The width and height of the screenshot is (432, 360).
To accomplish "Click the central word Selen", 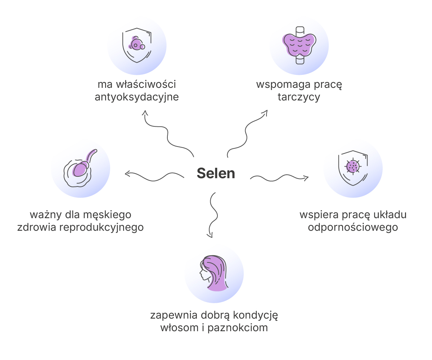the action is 216,173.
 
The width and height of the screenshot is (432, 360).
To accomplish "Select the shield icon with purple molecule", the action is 137,45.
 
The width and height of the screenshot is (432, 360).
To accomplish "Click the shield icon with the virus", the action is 353,168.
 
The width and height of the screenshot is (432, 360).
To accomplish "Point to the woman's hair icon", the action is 214,273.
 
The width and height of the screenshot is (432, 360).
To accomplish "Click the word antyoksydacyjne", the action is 137,97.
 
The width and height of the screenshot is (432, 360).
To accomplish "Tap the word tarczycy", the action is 299,97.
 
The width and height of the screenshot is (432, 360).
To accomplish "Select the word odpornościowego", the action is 353,227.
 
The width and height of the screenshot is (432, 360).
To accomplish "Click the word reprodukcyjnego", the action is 102,227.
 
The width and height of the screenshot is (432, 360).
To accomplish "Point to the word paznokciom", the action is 238,328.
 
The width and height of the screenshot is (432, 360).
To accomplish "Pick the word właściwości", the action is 146,84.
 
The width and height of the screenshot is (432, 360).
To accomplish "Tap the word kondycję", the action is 256,315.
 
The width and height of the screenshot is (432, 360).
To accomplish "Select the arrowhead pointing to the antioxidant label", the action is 145,113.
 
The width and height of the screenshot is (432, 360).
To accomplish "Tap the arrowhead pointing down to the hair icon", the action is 210,235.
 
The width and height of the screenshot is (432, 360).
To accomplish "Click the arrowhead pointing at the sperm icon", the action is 127,174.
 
